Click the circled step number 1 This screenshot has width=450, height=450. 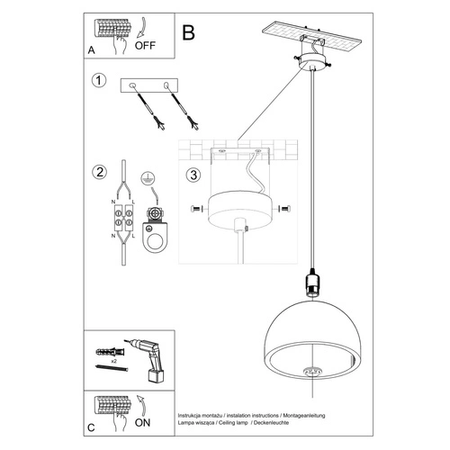(98, 81)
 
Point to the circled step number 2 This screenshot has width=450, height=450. (98, 172)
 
